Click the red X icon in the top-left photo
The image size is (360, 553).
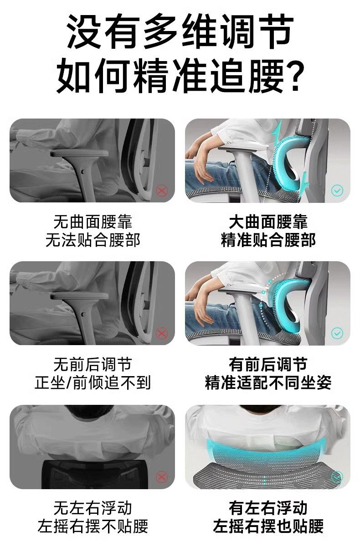[x=162, y=191]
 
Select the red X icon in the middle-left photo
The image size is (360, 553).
[x=162, y=333]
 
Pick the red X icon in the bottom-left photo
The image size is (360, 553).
[x=162, y=476]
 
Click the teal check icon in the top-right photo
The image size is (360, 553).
[x=337, y=191]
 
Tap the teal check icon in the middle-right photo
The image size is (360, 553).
[x=337, y=333]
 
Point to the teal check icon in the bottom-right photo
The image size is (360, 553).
[x=337, y=476]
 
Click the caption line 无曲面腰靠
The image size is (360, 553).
[x=93, y=222]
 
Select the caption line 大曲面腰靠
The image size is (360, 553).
[x=268, y=222]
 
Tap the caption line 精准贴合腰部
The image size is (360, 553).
[x=268, y=240]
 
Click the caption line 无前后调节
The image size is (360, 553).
[x=93, y=364]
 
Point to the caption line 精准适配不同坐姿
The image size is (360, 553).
[x=268, y=382]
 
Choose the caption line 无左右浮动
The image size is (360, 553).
[x=93, y=507]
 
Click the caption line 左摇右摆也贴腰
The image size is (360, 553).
[x=268, y=526]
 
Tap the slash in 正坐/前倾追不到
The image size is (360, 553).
[x=69, y=383]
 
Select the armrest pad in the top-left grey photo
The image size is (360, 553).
[x=79, y=153]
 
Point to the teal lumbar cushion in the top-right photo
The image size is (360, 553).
[x=289, y=160]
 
